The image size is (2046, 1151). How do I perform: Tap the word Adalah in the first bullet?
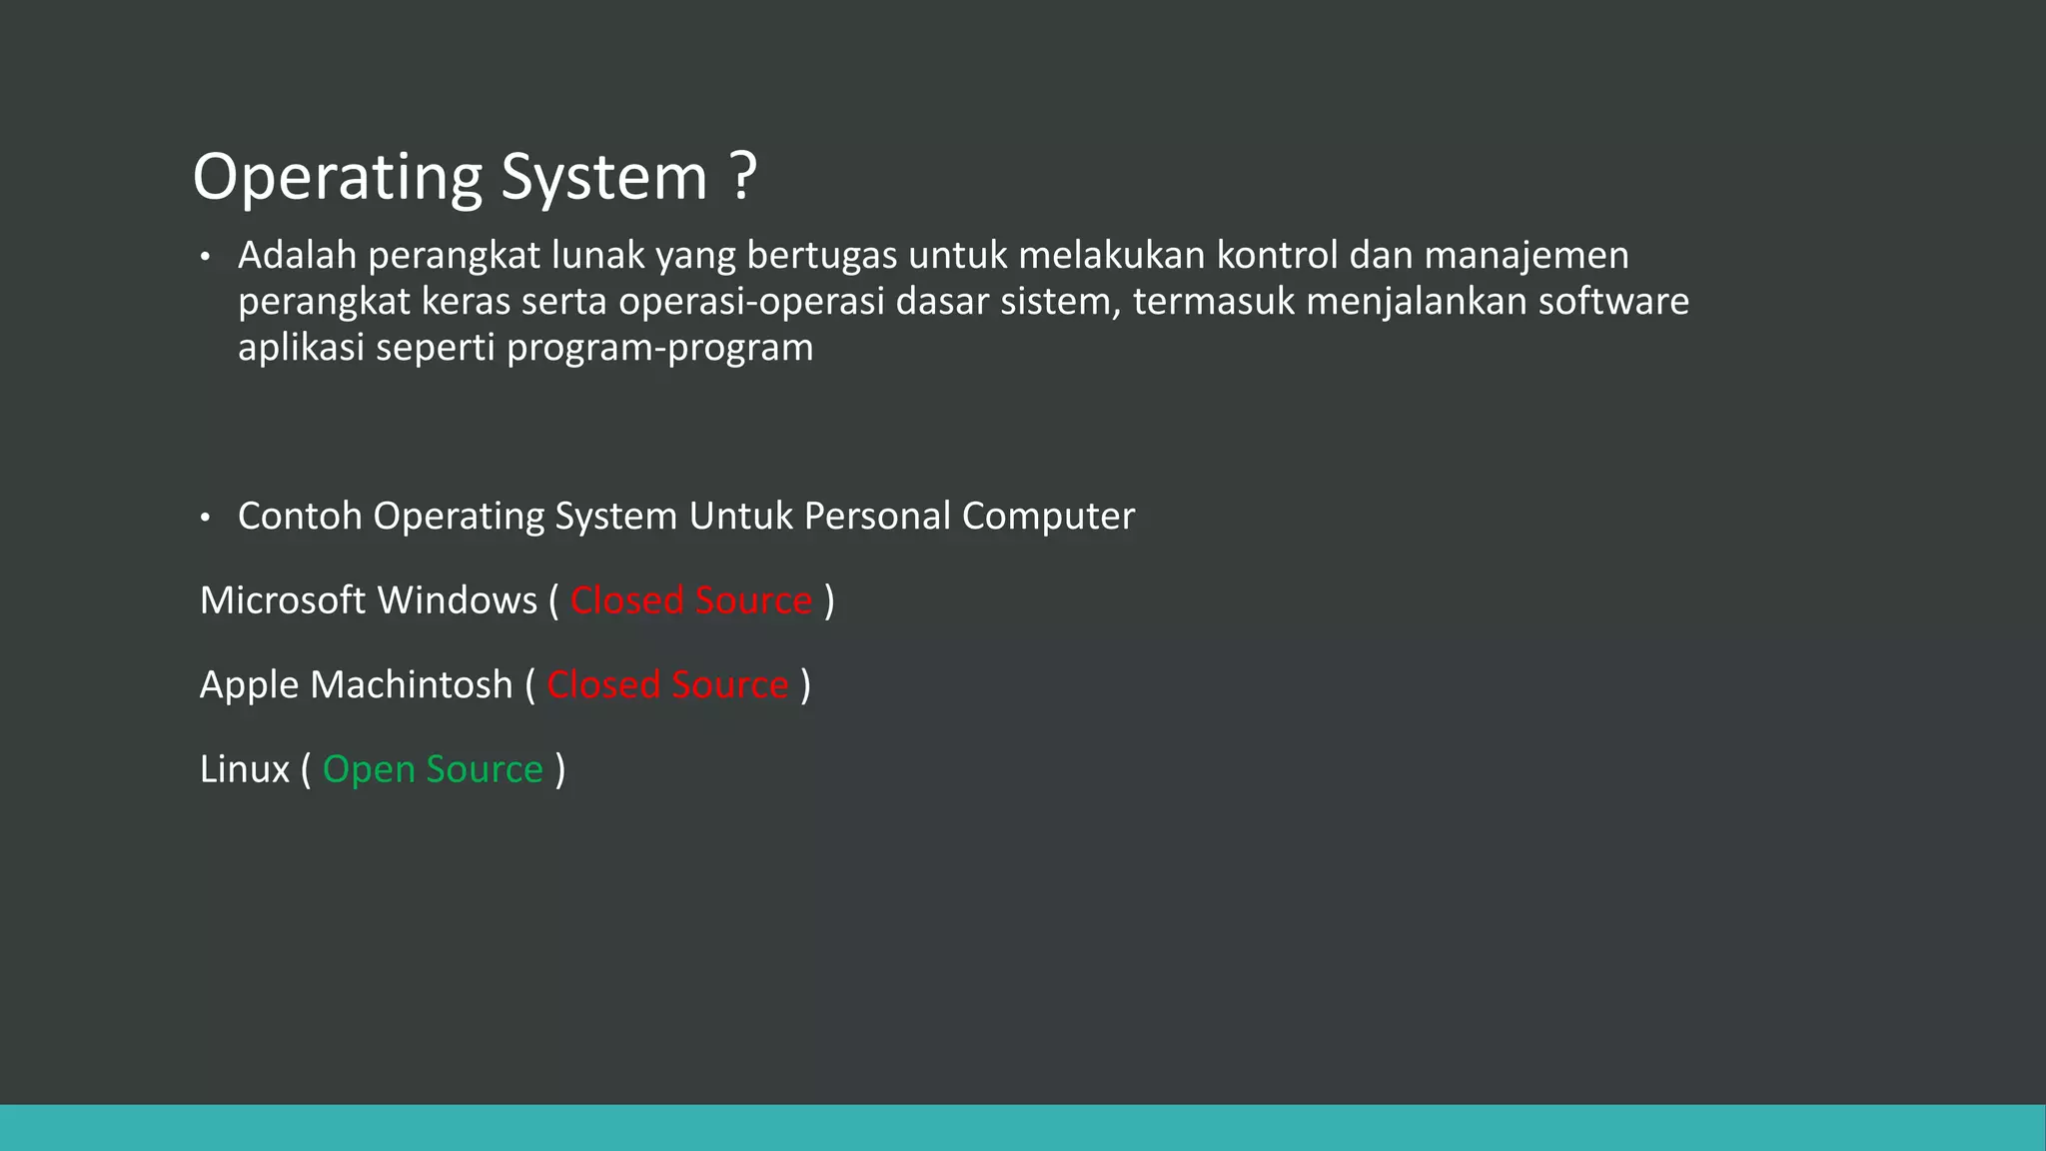(297, 256)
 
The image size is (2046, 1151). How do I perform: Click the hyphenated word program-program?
(659, 349)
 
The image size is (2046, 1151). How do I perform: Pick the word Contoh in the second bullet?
(300, 517)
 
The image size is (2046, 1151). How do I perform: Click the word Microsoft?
(283, 600)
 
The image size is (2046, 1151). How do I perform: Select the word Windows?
(458, 600)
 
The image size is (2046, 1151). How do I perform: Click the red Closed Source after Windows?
(691, 600)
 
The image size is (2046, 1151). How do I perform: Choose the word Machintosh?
(411, 685)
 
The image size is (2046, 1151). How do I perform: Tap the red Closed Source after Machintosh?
(667, 685)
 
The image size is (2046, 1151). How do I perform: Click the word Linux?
(244, 769)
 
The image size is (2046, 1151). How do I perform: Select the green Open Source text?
(433, 770)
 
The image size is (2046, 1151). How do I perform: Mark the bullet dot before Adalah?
(205, 258)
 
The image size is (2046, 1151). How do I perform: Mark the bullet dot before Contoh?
(205, 519)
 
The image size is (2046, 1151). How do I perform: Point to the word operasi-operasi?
(751, 302)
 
